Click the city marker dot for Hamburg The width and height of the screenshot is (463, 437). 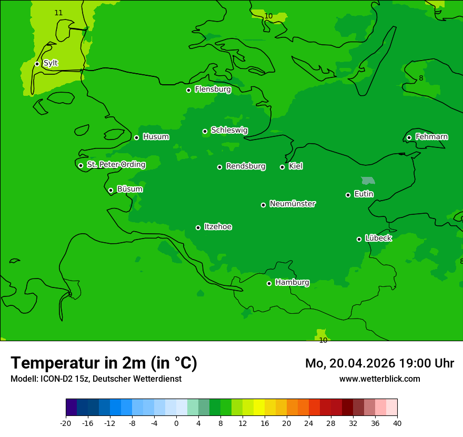click(269, 283)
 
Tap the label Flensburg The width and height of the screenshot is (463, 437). click(213, 90)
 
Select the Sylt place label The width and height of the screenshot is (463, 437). click(51, 63)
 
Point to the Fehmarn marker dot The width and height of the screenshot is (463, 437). click(409, 137)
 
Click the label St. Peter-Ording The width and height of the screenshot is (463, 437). click(116, 165)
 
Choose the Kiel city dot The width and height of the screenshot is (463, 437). click(282, 167)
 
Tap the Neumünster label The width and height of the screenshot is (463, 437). click(292, 204)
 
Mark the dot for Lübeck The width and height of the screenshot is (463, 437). click(359, 239)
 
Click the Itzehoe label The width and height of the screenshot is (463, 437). click(218, 227)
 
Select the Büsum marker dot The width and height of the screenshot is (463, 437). click(110, 190)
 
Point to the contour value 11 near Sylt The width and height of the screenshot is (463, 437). click(58, 13)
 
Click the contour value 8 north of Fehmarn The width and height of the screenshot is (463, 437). click(421, 78)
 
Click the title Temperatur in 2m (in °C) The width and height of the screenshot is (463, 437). click(104, 363)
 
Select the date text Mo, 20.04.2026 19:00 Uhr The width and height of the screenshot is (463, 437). click(379, 363)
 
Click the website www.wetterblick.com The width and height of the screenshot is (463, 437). click(379, 379)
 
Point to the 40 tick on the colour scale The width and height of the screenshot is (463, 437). click(397, 423)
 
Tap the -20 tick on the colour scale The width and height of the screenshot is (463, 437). click(66, 423)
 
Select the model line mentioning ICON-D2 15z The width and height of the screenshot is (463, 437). click(96, 379)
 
